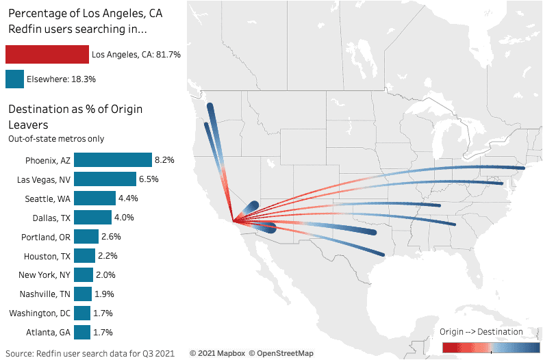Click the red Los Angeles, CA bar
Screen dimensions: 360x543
click(47, 55)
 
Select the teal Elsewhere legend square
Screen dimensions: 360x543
click(14, 79)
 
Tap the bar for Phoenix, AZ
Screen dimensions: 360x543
click(112, 160)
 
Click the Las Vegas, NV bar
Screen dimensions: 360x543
click(105, 179)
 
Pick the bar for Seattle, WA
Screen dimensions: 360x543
click(94, 198)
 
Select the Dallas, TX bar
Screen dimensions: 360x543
click(92, 218)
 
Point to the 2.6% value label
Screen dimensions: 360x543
click(112, 237)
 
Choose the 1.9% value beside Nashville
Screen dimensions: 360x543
click(104, 294)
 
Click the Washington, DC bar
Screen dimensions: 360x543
click(82, 313)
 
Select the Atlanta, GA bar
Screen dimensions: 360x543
click(82, 333)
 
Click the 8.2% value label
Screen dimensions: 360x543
click(164, 160)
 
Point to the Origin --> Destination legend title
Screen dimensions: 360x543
click(481, 332)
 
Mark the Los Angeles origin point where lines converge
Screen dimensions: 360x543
click(234, 220)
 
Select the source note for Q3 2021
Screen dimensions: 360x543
click(90, 353)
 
